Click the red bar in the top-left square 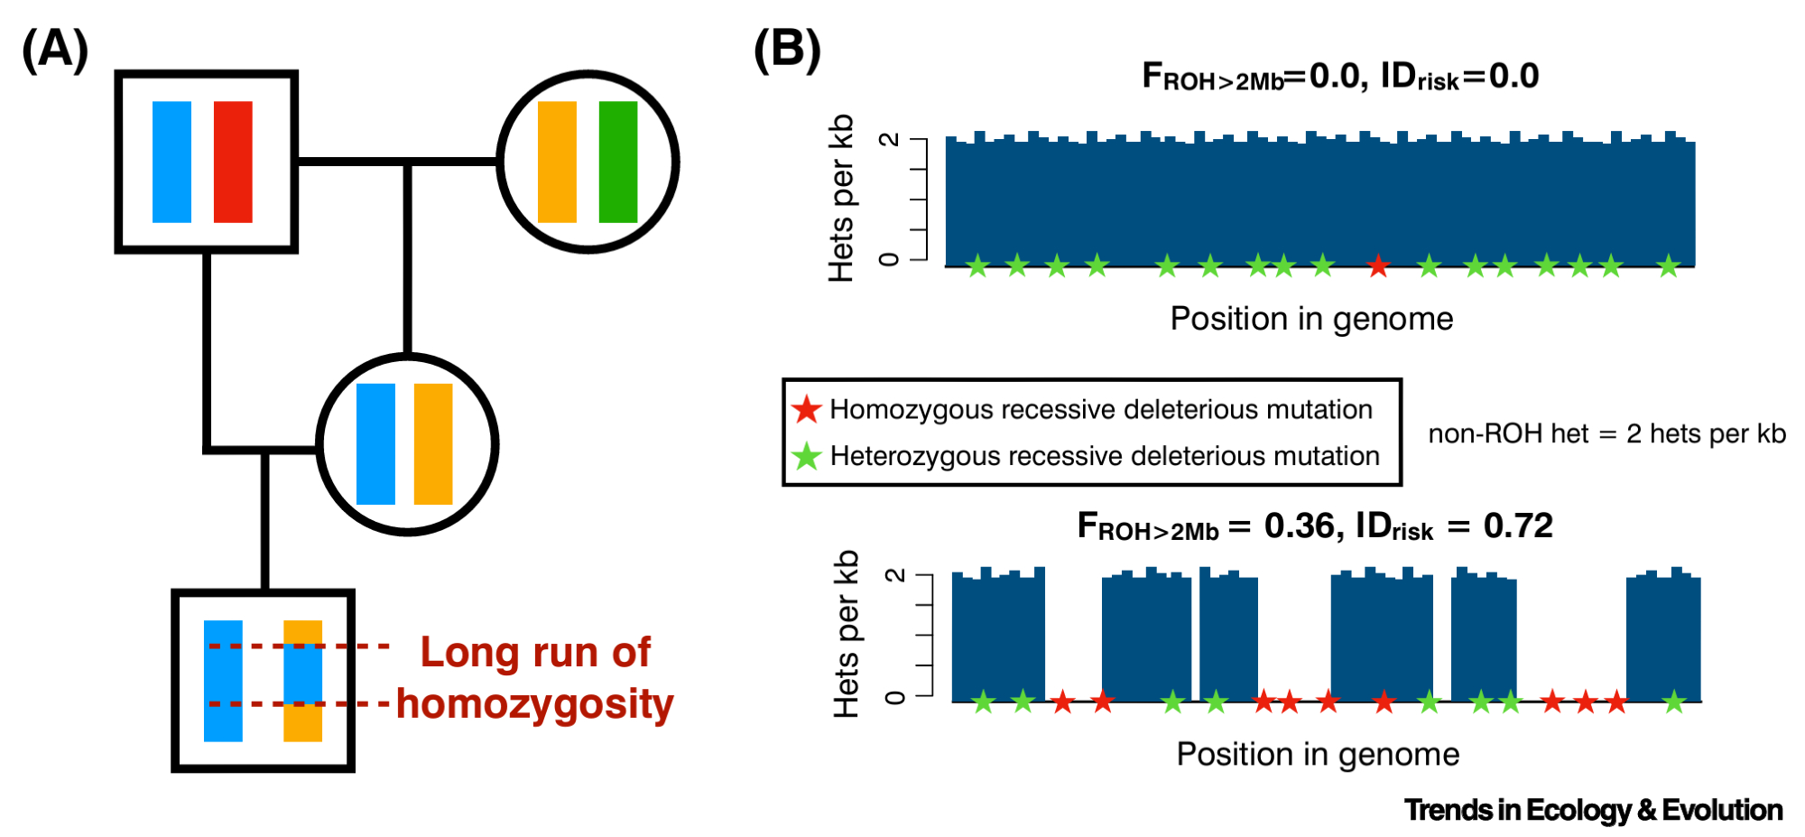click(233, 162)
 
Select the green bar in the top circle click(618, 162)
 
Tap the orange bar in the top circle click(557, 162)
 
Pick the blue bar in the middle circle click(375, 444)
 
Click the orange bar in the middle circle click(433, 444)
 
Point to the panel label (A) click(55, 50)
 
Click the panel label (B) click(787, 50)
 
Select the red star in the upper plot click(1377, 266)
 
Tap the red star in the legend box click(806, 410)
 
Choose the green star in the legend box click(806, 456)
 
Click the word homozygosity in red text click(535, 704)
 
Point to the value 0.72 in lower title click(1518, 525)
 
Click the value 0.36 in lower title click(1300, 525)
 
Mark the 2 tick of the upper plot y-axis click(889, 140)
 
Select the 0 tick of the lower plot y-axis click(894, 696)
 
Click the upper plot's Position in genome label click(1311, 319)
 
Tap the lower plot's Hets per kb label click(846, 634)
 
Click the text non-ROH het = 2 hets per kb click(1606, 434)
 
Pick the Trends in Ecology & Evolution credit click(1593, 810)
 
